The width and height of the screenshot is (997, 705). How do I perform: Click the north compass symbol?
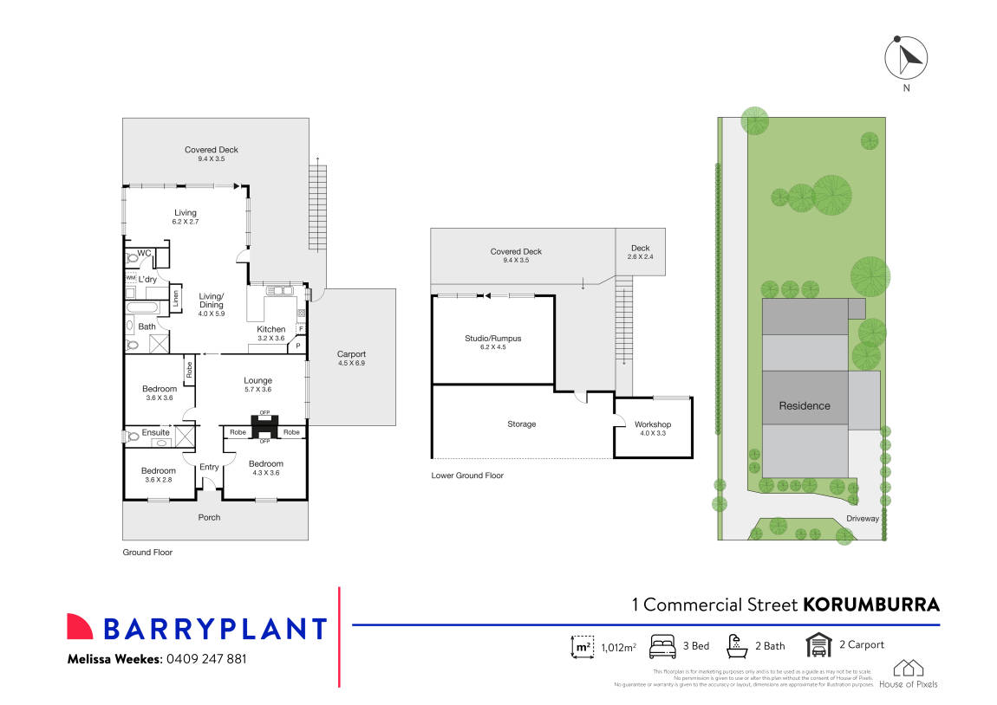point(906,59)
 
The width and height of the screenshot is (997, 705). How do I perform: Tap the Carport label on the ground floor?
point(351,354)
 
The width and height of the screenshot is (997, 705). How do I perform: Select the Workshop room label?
point(652,424)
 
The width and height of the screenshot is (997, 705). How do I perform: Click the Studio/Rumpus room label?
point(493,338)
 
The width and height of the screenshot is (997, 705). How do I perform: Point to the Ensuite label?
point(155,432)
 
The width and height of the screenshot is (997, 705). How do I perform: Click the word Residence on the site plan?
point(804,405)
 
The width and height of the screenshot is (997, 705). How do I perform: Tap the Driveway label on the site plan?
point(863,519)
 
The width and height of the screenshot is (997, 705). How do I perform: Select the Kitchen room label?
point(270,329)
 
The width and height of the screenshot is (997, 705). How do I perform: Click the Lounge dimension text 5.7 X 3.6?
point(257,391)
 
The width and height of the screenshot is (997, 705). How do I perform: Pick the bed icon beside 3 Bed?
point(663,645)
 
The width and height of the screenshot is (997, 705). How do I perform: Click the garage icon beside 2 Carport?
point(818,645)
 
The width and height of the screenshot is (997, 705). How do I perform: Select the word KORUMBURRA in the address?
point(871,605)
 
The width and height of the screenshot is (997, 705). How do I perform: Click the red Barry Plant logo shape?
point(80,627)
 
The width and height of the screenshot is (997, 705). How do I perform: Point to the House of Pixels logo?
point(908,673)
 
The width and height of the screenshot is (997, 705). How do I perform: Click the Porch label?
point(209,517)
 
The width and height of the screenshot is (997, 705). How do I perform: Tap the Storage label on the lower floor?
point(521,424)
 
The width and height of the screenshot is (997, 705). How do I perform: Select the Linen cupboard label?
point(176,298)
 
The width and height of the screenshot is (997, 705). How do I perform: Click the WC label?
point(144,252)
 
